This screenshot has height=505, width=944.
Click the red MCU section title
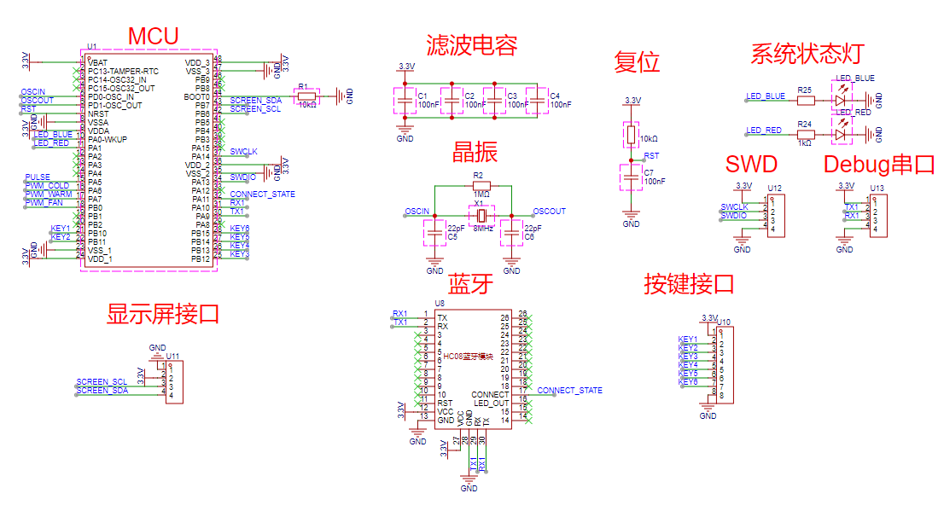click(153, 37)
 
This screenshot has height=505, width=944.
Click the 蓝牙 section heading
click(470, 283)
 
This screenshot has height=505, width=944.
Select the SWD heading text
click(751, 164)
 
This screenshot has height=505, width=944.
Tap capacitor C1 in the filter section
click(402, 100)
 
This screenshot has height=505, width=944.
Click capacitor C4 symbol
click(537, 100)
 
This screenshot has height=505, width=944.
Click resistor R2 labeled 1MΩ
click(481, 185)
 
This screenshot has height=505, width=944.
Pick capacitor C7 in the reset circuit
click(631, 177)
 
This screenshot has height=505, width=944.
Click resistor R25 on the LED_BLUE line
click(805, 100)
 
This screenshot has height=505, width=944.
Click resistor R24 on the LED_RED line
click(805, 134)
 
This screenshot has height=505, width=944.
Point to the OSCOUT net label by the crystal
click(549, 211)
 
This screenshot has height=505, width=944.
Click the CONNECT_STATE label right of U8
click(569, 391)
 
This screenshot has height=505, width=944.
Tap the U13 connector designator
click(877, 188)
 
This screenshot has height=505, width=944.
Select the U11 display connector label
click(172, 356)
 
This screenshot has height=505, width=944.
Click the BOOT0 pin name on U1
click(198, 96)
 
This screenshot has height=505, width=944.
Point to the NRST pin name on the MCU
click(98, 113)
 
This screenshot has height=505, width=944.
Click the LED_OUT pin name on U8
click(492, 403)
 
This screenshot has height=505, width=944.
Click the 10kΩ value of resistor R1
click(306, 105)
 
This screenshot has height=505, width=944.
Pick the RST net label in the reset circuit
click(651, 156)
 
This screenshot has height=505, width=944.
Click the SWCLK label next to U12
click(734, 206)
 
